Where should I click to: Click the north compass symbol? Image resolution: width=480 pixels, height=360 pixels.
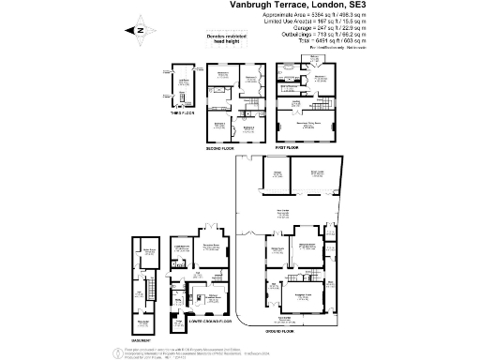tap(137, 28)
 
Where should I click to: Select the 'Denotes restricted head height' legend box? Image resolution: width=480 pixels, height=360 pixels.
tap(222, 37)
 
